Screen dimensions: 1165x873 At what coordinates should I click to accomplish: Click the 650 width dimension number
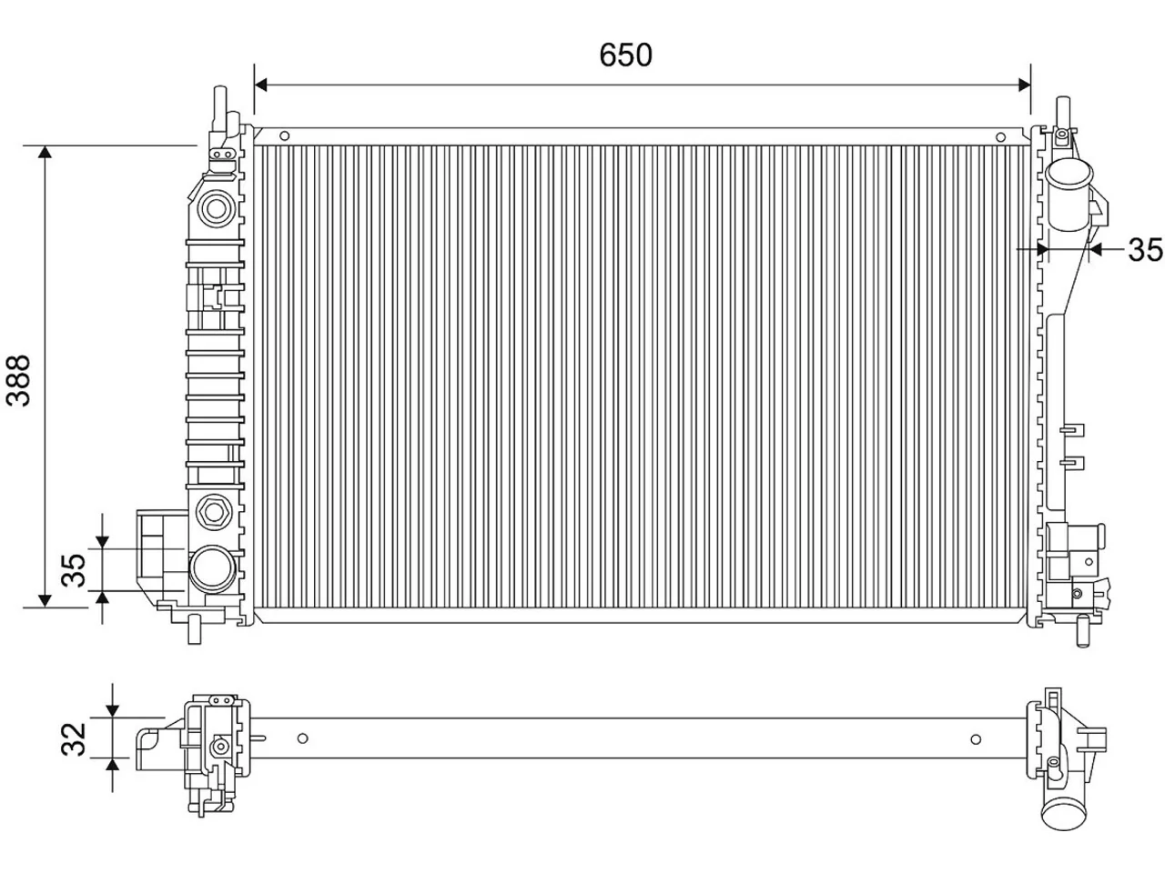tap(625, 55)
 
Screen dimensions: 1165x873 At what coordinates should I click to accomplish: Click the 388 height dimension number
tap(18, 381)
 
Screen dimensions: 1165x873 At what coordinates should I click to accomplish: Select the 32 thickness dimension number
tap(74, 739)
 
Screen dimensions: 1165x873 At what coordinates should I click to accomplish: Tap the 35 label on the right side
tap(1145, 250)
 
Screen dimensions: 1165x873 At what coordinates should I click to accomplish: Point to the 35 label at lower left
tap(74, 570)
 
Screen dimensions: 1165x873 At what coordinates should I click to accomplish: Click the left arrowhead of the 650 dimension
tap(260, 85)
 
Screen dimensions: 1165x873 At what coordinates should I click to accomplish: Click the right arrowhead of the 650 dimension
tap(1024, 85)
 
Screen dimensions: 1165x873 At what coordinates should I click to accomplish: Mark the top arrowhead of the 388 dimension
tap(46, 152)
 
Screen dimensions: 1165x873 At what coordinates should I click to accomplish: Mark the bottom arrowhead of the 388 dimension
tap(46, 600)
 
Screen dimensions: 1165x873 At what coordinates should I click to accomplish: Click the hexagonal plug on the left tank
tap(214, 512)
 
